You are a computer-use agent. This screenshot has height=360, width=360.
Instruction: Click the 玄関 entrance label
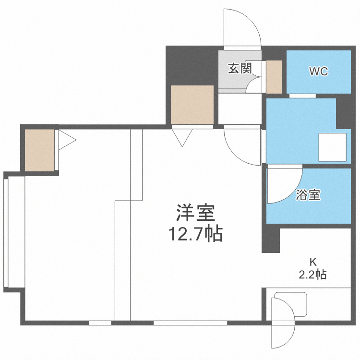[240, 69]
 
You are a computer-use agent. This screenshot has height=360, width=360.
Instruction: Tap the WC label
[318, 72]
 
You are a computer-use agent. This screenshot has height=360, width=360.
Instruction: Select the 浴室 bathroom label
[308, 195]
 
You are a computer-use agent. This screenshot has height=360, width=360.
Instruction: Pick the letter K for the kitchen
[312, 262]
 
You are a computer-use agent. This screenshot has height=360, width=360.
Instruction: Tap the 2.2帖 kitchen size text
[312, 275]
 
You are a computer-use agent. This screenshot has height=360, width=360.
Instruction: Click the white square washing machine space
[333, 147]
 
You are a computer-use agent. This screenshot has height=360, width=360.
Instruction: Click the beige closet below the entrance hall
[192, 105]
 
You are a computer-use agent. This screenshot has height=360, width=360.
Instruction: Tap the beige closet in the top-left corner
[40, 150]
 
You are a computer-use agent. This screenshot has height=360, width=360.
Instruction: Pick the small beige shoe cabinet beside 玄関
[274, 77]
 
